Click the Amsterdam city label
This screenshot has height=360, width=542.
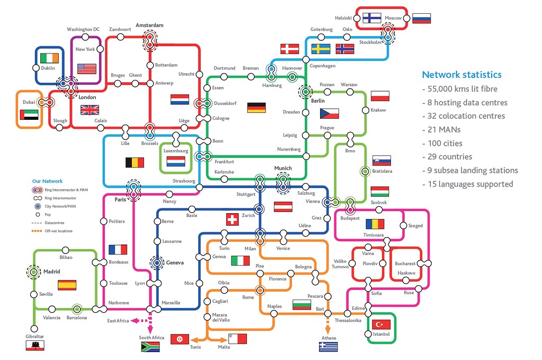tap(149, 25)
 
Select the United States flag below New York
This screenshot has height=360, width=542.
tap(87, 68)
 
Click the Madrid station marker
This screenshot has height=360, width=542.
tap(33, 272)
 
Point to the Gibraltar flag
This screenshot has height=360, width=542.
tap(35, 346)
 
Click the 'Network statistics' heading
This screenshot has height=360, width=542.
tap(461, 75)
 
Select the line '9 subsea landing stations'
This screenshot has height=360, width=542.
tap(470, 170)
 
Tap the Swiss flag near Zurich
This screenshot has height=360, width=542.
tap(232, 219)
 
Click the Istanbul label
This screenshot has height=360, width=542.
tap(381, 334)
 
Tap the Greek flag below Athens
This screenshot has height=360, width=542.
tap(328, 347)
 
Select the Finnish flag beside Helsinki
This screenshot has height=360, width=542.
tap(372, 17)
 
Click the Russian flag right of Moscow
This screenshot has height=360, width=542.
tap(421, 18)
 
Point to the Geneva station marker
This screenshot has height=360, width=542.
tap(157, 262)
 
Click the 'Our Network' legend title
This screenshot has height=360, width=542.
tap(47, 181)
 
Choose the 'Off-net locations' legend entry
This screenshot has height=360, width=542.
tap(58, 231)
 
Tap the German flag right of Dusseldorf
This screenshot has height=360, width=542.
tap(256, 108)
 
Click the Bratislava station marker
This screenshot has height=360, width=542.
tap(365, 171)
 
